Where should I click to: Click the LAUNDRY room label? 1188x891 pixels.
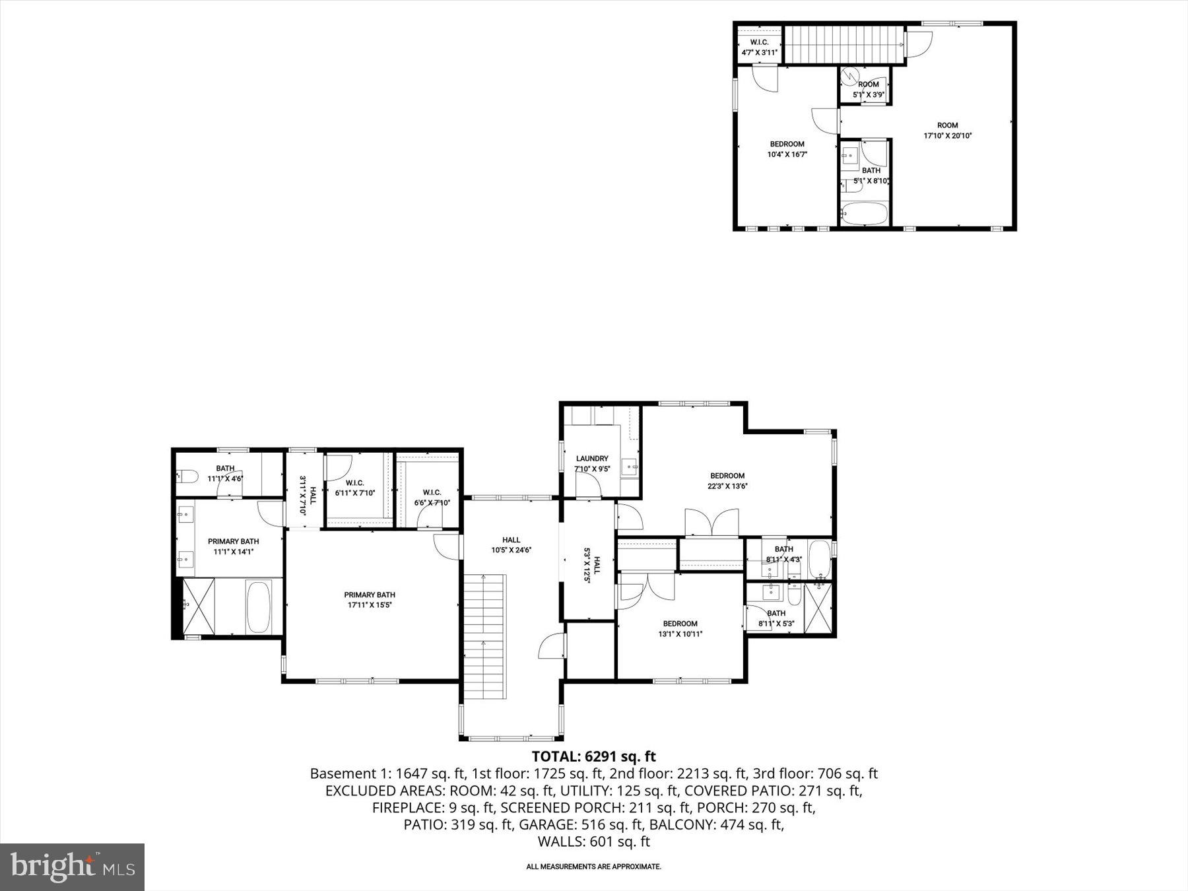tap(592, 459)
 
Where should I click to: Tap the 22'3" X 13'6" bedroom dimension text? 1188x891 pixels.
tap(727, 486)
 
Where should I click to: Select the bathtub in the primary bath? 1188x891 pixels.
tap(258, 607)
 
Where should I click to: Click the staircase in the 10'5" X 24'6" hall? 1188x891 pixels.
tap(484, 637)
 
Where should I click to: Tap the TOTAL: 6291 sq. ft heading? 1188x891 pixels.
tap(593, 756)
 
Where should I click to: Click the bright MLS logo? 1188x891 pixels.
tap(72, 867)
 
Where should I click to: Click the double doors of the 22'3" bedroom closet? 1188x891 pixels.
tap(711, 523)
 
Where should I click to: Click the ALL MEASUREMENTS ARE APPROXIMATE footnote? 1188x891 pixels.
tap(593, 867)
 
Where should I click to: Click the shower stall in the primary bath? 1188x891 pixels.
tap(199, 606)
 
